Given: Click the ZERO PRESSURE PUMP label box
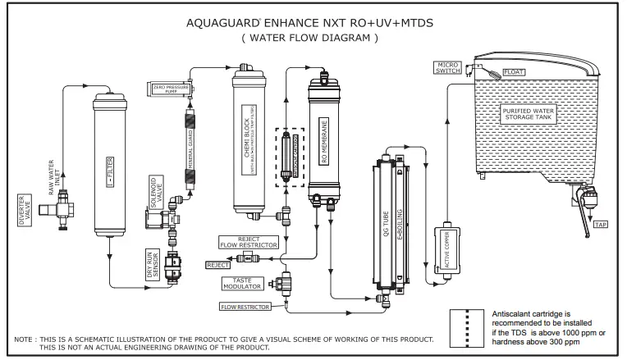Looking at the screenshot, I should click(x=171, y=88).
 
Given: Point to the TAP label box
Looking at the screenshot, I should click(x=600, y=224).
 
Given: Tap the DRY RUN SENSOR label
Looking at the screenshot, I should click(x=153, y=263).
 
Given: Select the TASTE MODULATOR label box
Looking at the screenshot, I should click(x=242, y=283).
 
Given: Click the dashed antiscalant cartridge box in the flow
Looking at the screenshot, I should click(x=288, y=157).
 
